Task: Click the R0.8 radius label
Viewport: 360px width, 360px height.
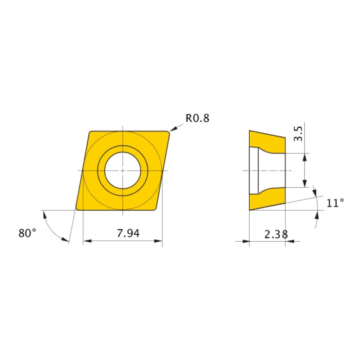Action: (197, 118)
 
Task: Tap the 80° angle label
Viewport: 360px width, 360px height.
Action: (27, 233)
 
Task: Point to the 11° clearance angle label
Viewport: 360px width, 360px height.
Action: (335, 203)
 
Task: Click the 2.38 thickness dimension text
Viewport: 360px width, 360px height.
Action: (276, 234)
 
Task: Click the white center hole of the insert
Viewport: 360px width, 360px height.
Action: (122, 170)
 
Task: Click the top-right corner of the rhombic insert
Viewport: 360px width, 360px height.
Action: (167, 133)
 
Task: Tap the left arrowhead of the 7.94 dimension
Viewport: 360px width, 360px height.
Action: (86, 242)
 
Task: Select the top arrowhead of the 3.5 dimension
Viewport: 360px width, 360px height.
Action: (305, 156)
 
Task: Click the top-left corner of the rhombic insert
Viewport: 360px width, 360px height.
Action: (90, 132)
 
